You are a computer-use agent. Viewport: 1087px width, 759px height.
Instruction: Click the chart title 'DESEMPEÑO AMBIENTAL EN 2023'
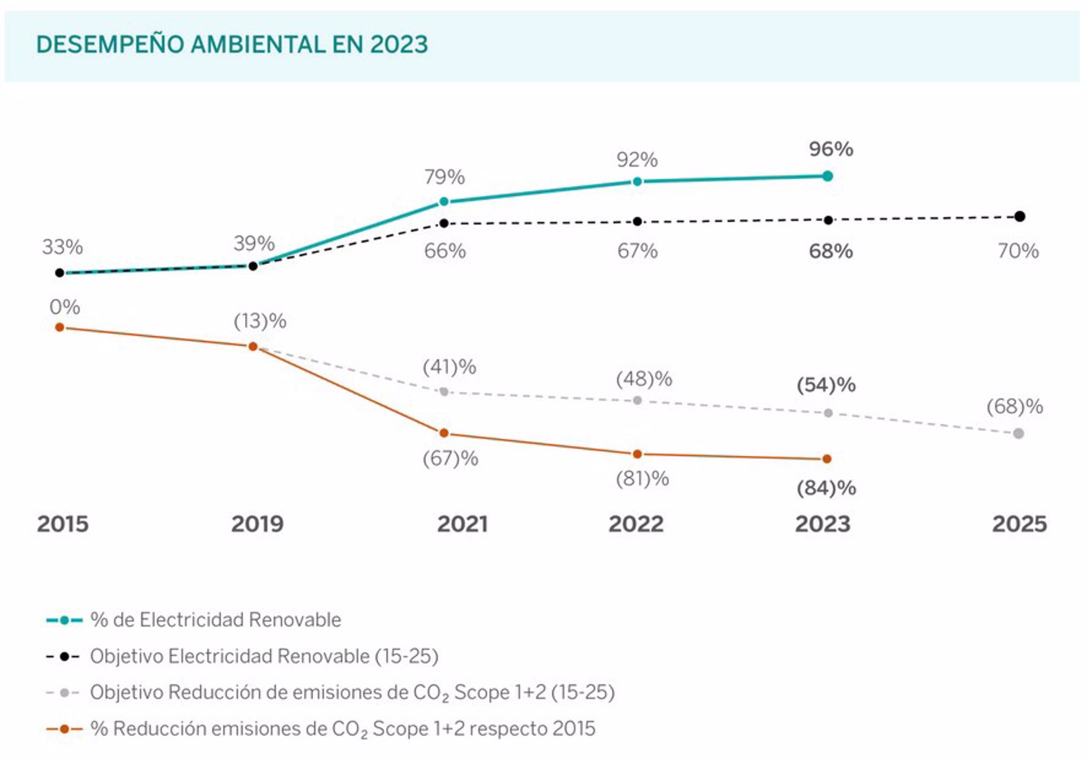click(232, 44)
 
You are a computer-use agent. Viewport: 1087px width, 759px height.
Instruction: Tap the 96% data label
click(831, 149)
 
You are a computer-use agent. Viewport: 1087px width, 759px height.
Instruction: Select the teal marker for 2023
click(828, 176)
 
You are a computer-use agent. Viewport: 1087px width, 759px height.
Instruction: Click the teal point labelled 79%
click(444, 201)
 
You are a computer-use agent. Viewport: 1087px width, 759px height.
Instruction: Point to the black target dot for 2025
click(1020, 216)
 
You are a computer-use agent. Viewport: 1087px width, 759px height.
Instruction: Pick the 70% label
click(1018, 251)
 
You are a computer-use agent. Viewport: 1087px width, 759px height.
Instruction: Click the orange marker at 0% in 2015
click(59, 327)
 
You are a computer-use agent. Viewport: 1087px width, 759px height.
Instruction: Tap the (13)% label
click(260, 321)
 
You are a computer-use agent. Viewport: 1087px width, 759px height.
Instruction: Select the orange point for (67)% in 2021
click(444, 433)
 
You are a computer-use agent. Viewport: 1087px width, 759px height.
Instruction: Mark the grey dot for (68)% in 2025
click(1018, 434)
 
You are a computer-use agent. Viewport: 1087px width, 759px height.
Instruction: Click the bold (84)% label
click(826, 488)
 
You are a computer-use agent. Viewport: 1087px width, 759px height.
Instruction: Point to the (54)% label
click(826, 385)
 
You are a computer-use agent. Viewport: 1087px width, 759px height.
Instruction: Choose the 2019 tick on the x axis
click(257, 524)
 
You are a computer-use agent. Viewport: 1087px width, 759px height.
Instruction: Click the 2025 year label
click(1019, 524)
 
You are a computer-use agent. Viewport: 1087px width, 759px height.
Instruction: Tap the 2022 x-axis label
click(636, 524)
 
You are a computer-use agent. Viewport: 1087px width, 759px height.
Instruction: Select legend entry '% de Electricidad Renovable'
click(215, 620)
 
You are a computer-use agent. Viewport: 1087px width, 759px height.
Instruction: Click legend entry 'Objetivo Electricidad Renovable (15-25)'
click(264, 656)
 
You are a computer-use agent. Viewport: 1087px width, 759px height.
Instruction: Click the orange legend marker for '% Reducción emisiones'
click(64, 729)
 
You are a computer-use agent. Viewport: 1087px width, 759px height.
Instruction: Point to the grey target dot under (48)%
click(637, 401)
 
